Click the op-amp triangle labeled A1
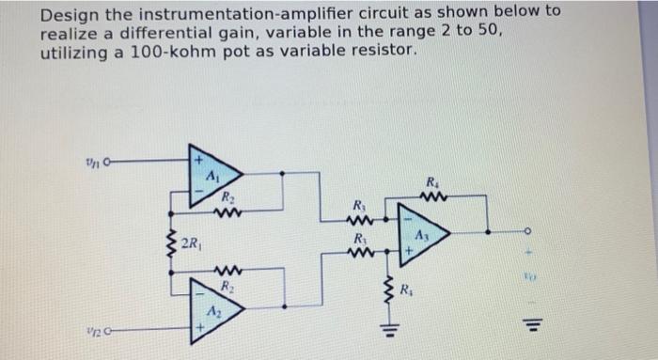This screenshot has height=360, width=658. [x=212, y=172]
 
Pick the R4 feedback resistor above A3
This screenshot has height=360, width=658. [x=433, y=197]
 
